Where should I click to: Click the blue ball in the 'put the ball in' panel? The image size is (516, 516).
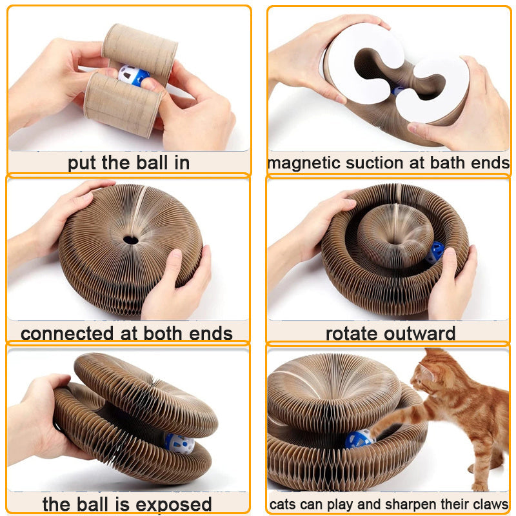coord(134,76)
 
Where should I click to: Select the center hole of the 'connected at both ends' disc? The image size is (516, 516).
coord(131,240)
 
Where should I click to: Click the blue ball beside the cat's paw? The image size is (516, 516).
coord(359,439)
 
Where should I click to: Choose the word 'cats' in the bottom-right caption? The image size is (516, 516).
coord(283,504)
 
